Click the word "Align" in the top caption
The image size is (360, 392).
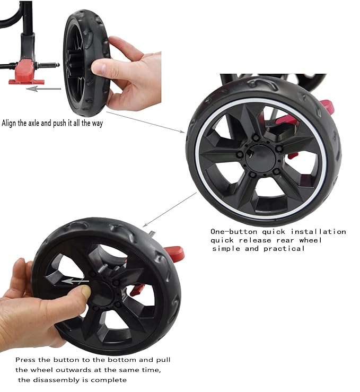coord(11,123)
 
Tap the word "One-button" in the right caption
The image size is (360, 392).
coord(231,231)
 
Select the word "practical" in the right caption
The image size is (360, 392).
coord(285,248)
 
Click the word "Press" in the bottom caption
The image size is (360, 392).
coord(26,360)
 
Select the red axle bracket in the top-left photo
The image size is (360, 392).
coord(25,71)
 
